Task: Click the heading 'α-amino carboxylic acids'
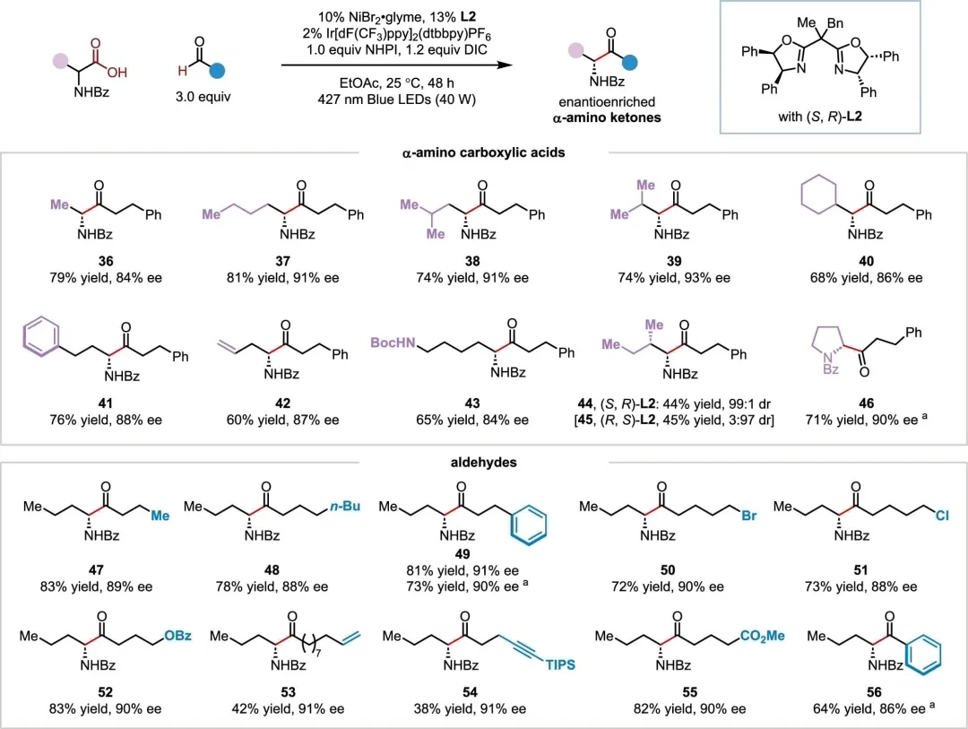(484, 152)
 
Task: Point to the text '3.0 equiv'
(203, 97)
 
